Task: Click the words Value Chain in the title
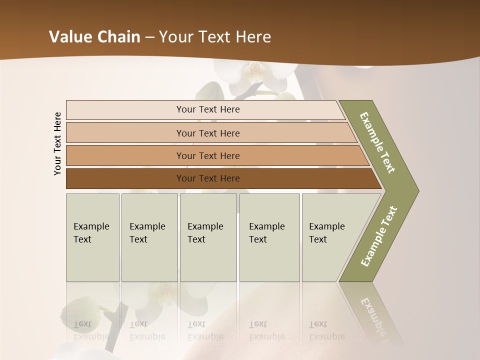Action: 94,37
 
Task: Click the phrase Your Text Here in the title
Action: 215,37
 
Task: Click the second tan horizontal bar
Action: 208,133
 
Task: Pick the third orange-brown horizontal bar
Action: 208,155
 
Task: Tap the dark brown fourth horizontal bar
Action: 208,178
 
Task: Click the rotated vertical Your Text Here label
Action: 57,143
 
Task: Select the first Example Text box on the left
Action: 92,237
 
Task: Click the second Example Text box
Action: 149,237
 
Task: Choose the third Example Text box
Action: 207,237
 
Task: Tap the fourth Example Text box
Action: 269,237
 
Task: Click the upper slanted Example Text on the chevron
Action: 377,142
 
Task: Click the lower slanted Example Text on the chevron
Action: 378,236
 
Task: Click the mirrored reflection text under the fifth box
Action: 326,330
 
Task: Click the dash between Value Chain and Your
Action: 149,37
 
